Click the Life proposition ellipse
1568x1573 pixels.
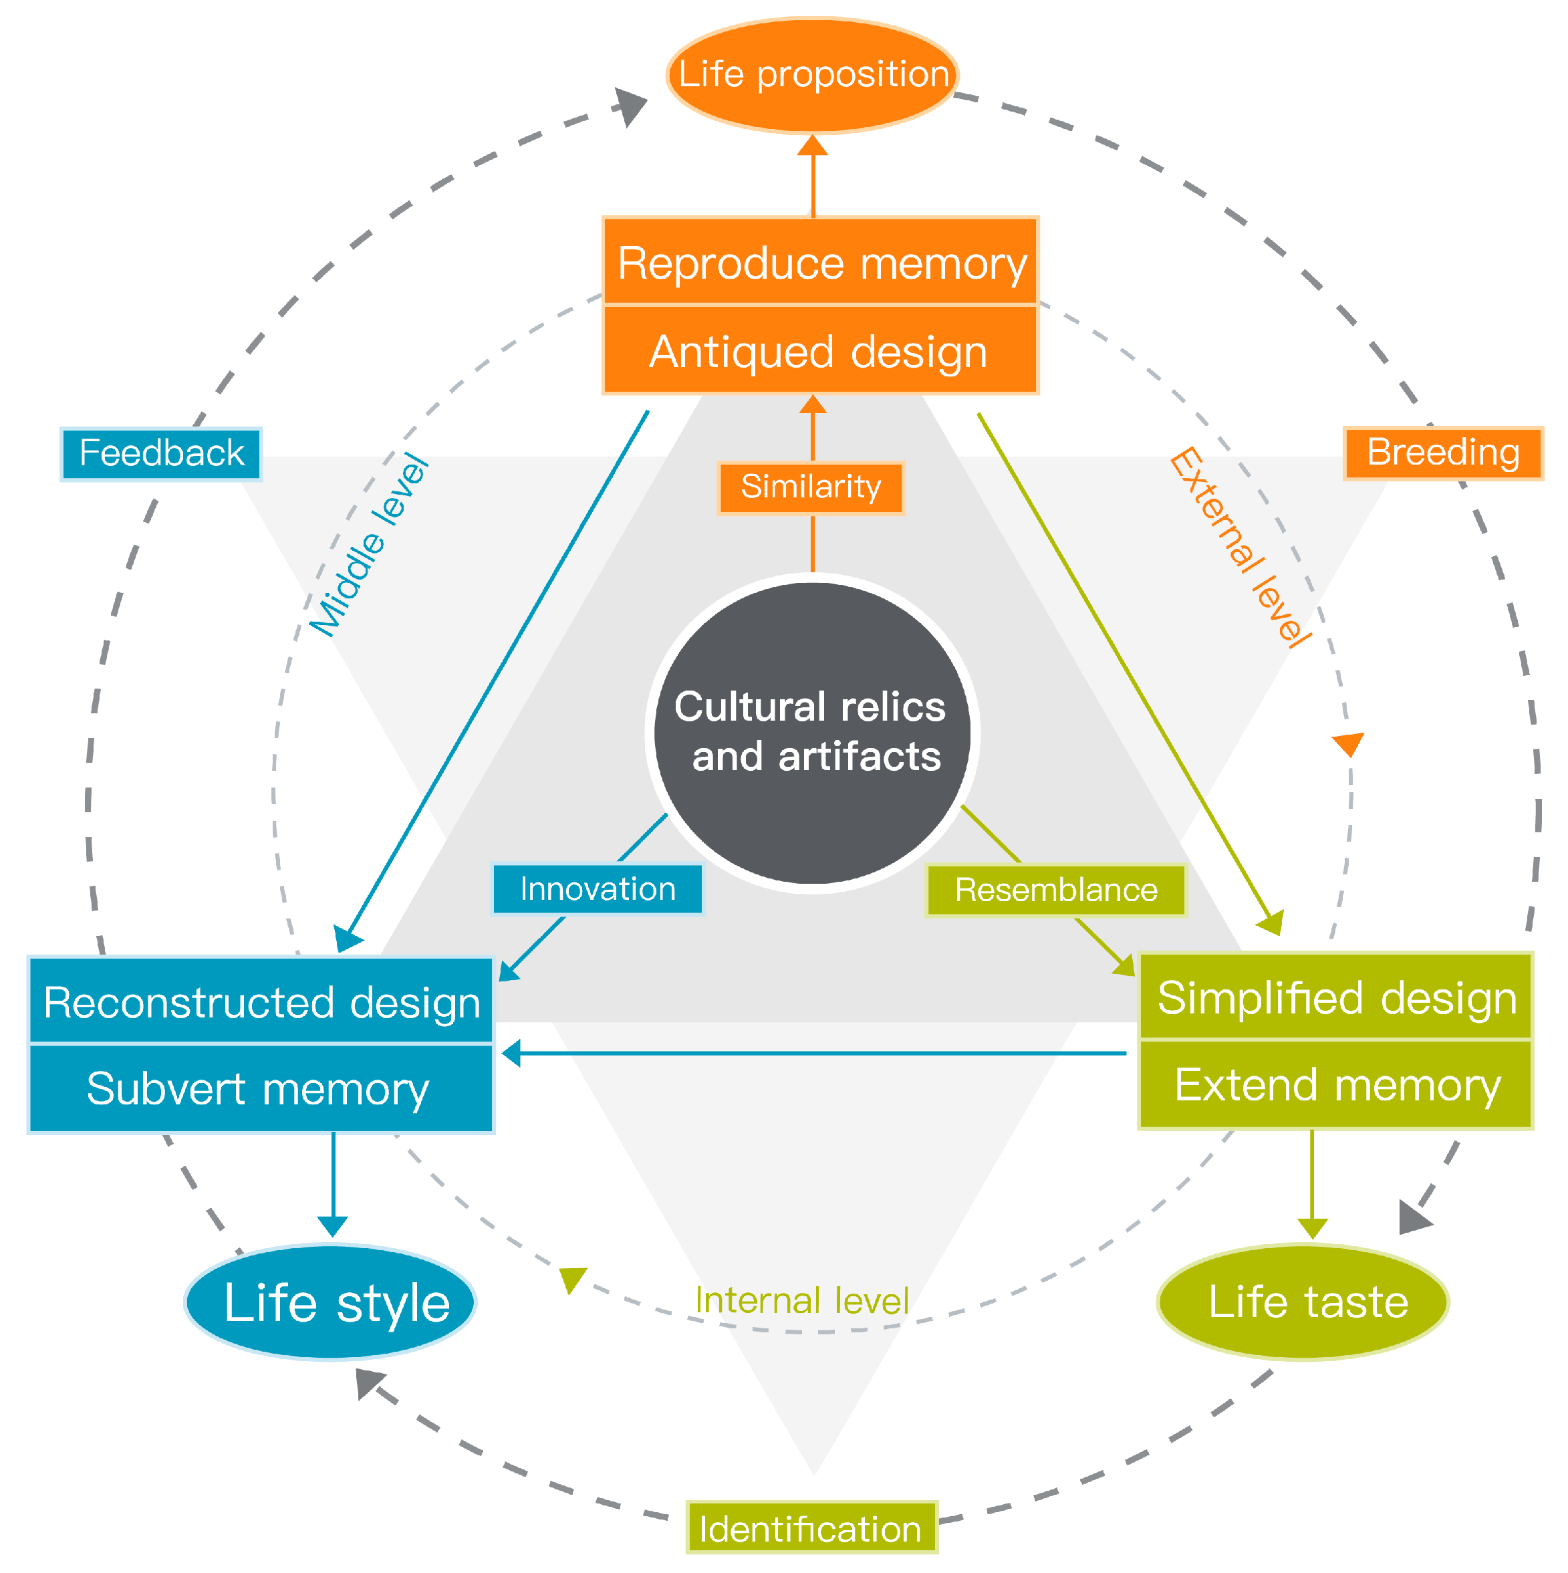coord(813,75)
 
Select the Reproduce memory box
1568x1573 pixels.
coord(820,262)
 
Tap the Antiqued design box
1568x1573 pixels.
coord(820,351)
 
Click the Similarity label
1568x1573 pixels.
coord(811,487)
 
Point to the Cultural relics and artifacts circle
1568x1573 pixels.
coord(813,732)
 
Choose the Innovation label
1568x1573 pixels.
coord(597,888)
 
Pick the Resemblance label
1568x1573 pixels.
coord(1055,889)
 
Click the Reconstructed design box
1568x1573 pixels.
coord(261,1001)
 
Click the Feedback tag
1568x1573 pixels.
coord(161,453)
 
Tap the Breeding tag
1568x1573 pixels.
coord(1442,452)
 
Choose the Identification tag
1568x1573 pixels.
coord(811,1528)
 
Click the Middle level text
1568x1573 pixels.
coord(369,546)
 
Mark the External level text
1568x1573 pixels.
coord(1239,546)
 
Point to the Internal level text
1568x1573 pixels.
coord(801,1300)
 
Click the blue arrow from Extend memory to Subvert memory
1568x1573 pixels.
coord(814,1053)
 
